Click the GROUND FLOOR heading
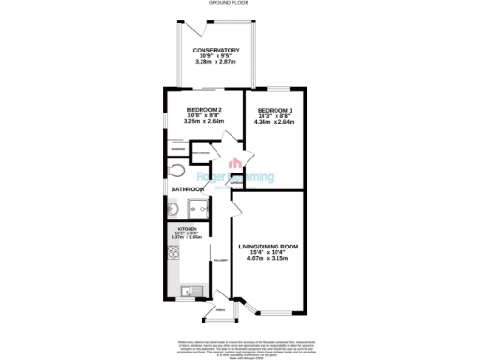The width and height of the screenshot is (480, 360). (x=239, y=3)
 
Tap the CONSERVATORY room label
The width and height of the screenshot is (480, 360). (x=215, y=50)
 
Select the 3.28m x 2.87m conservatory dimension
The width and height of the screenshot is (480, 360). (x=215, y=63)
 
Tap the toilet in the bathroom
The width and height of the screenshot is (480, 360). (x=178, y=171)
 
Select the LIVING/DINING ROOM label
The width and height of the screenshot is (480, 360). (x=269, y=246)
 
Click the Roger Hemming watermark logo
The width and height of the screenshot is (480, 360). (x=234, y=177)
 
